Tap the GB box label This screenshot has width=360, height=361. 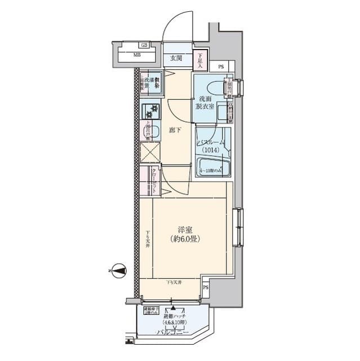pos(145,45)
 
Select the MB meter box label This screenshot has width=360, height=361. pos(137,55)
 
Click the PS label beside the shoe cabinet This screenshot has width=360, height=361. pos(220,67)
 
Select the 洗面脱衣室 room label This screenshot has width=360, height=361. pos(205,103)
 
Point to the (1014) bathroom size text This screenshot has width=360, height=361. pos(213,151)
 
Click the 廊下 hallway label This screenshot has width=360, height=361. pos(175,130)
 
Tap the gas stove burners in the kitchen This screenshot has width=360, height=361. pos(150,109)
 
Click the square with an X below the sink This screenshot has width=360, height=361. pos(150,153)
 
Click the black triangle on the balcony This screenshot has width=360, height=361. pos(173,310)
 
